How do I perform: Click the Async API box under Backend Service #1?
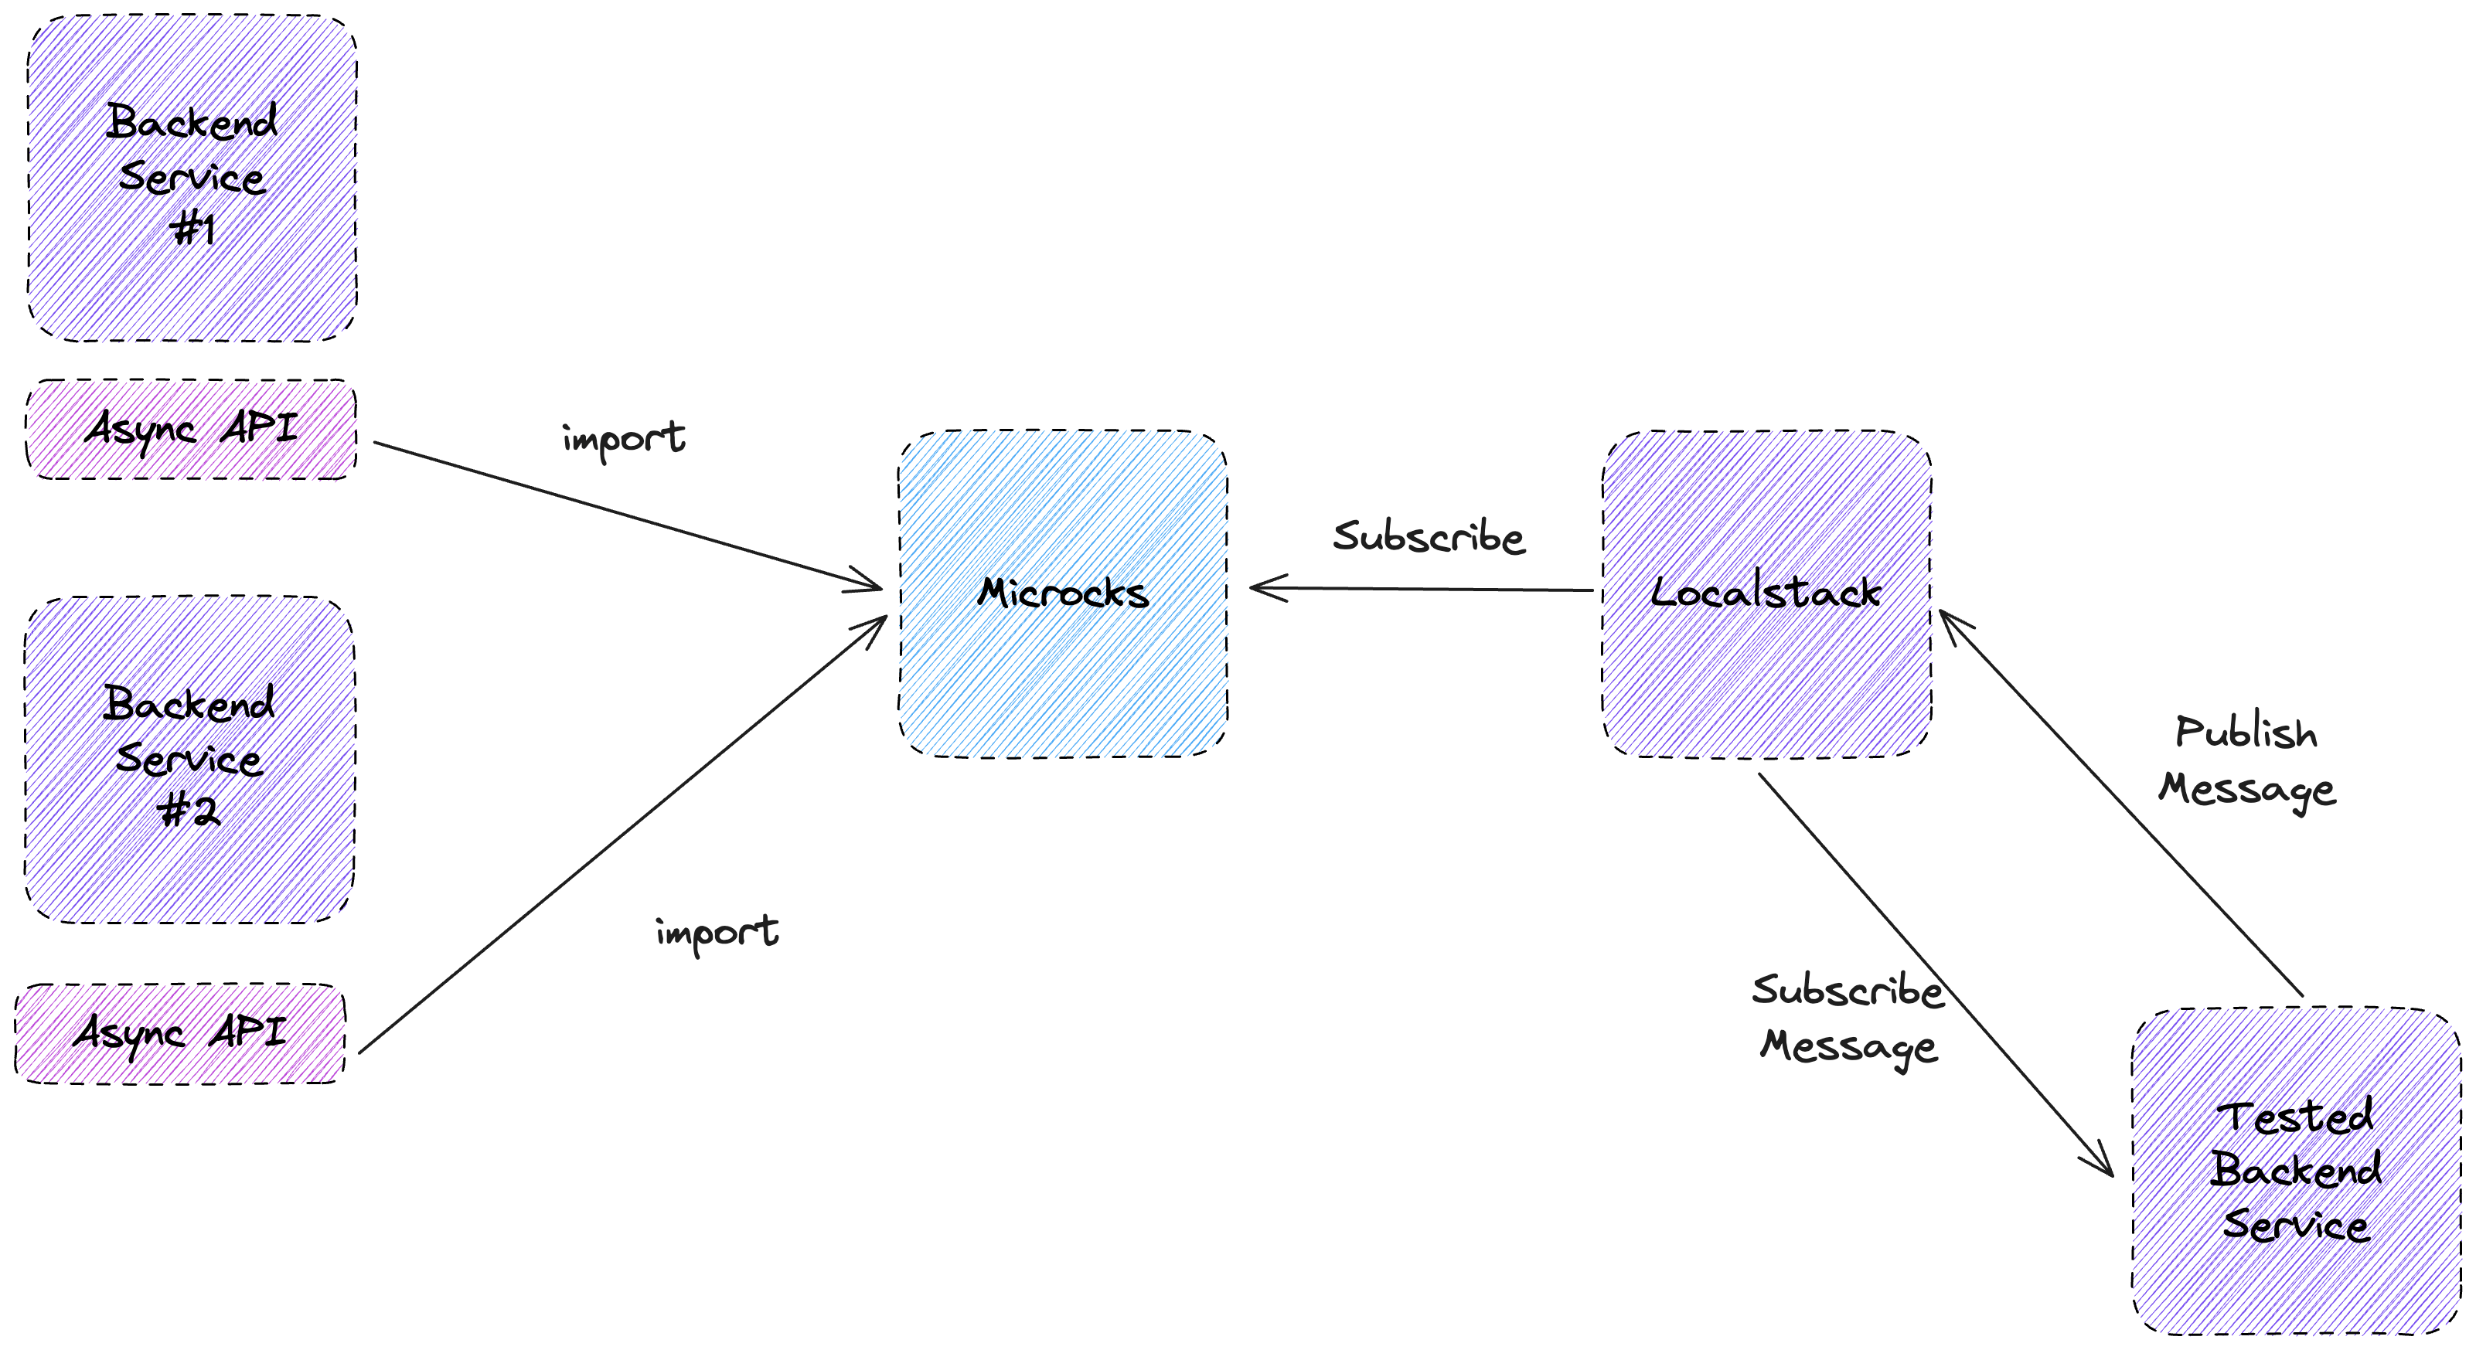[190, 430]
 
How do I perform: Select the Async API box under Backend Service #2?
[180, 1034]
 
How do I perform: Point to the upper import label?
[624, 439]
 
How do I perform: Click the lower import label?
[717, 932]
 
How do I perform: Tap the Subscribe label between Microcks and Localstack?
[1429, 536]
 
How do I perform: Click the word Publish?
[2246, 734]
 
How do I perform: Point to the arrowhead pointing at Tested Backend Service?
[2102, 1163]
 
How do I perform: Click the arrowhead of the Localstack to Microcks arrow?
[1261, 588]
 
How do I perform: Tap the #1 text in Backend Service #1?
[192, 230]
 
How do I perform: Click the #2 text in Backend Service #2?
[189, 812]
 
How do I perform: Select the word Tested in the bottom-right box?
[2296, 1117]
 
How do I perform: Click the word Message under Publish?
[2246, 790]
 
